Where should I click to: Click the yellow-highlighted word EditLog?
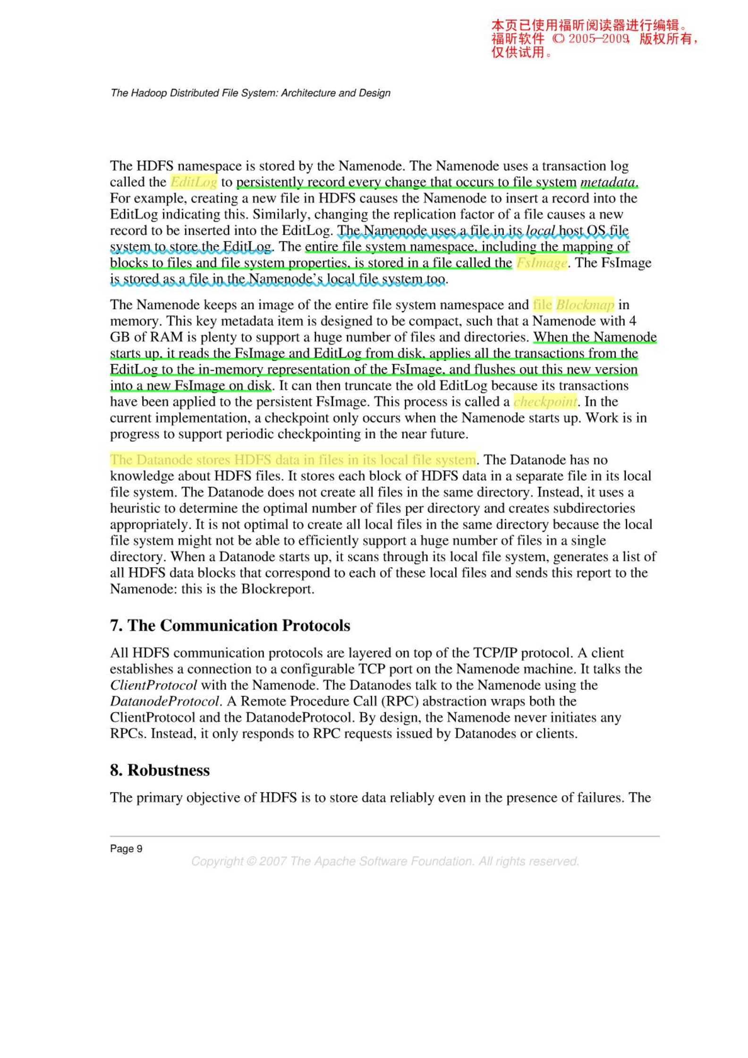point(194,182)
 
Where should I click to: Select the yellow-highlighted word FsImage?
point(541,263)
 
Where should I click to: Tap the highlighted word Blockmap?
point(585,305)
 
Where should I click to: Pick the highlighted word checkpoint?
point(545,402)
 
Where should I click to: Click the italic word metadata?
point(608,182)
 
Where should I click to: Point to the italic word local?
point(540,230)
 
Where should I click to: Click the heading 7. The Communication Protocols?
point(230,625)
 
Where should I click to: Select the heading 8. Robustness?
point(160,770)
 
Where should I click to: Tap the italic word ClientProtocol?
point(153,685)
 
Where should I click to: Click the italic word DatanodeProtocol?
point(164,701)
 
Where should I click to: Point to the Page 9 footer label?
point(126,849)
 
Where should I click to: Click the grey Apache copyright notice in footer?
point(385,861)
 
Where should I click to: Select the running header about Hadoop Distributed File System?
point(250,93)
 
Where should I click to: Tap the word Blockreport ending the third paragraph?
point(277,589)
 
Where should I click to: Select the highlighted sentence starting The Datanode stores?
point(293,460)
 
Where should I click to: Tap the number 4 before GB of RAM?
point(632,321)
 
